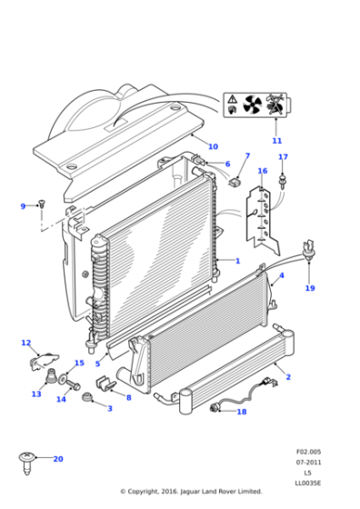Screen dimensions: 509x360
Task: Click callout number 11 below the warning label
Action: pyautogui.click(x=277, y=141)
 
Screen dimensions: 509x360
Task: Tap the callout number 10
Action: pyautogui.click(x=213, y=147)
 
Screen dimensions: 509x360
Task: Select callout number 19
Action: pyautogui.click(x=309, y=288)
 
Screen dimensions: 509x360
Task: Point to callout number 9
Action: pyautogui.click(x=24, y=206)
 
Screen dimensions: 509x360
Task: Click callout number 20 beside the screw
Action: pyautogui.click(x=58, y=459)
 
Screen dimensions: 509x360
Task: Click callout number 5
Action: pyautogui.click(x=97, y=364)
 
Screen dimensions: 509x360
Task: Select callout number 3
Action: pyautogui.click(x=110, y=409)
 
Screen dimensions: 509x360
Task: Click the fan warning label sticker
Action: pyautogui.click(x=255, y=107)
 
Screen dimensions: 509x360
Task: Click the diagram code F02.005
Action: pyautogui.click(x=307, y=452)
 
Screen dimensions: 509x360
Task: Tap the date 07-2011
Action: pyautogui.click(x=307, y=463)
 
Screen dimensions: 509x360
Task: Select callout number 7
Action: pyautogui.click(x=246, y=156)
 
